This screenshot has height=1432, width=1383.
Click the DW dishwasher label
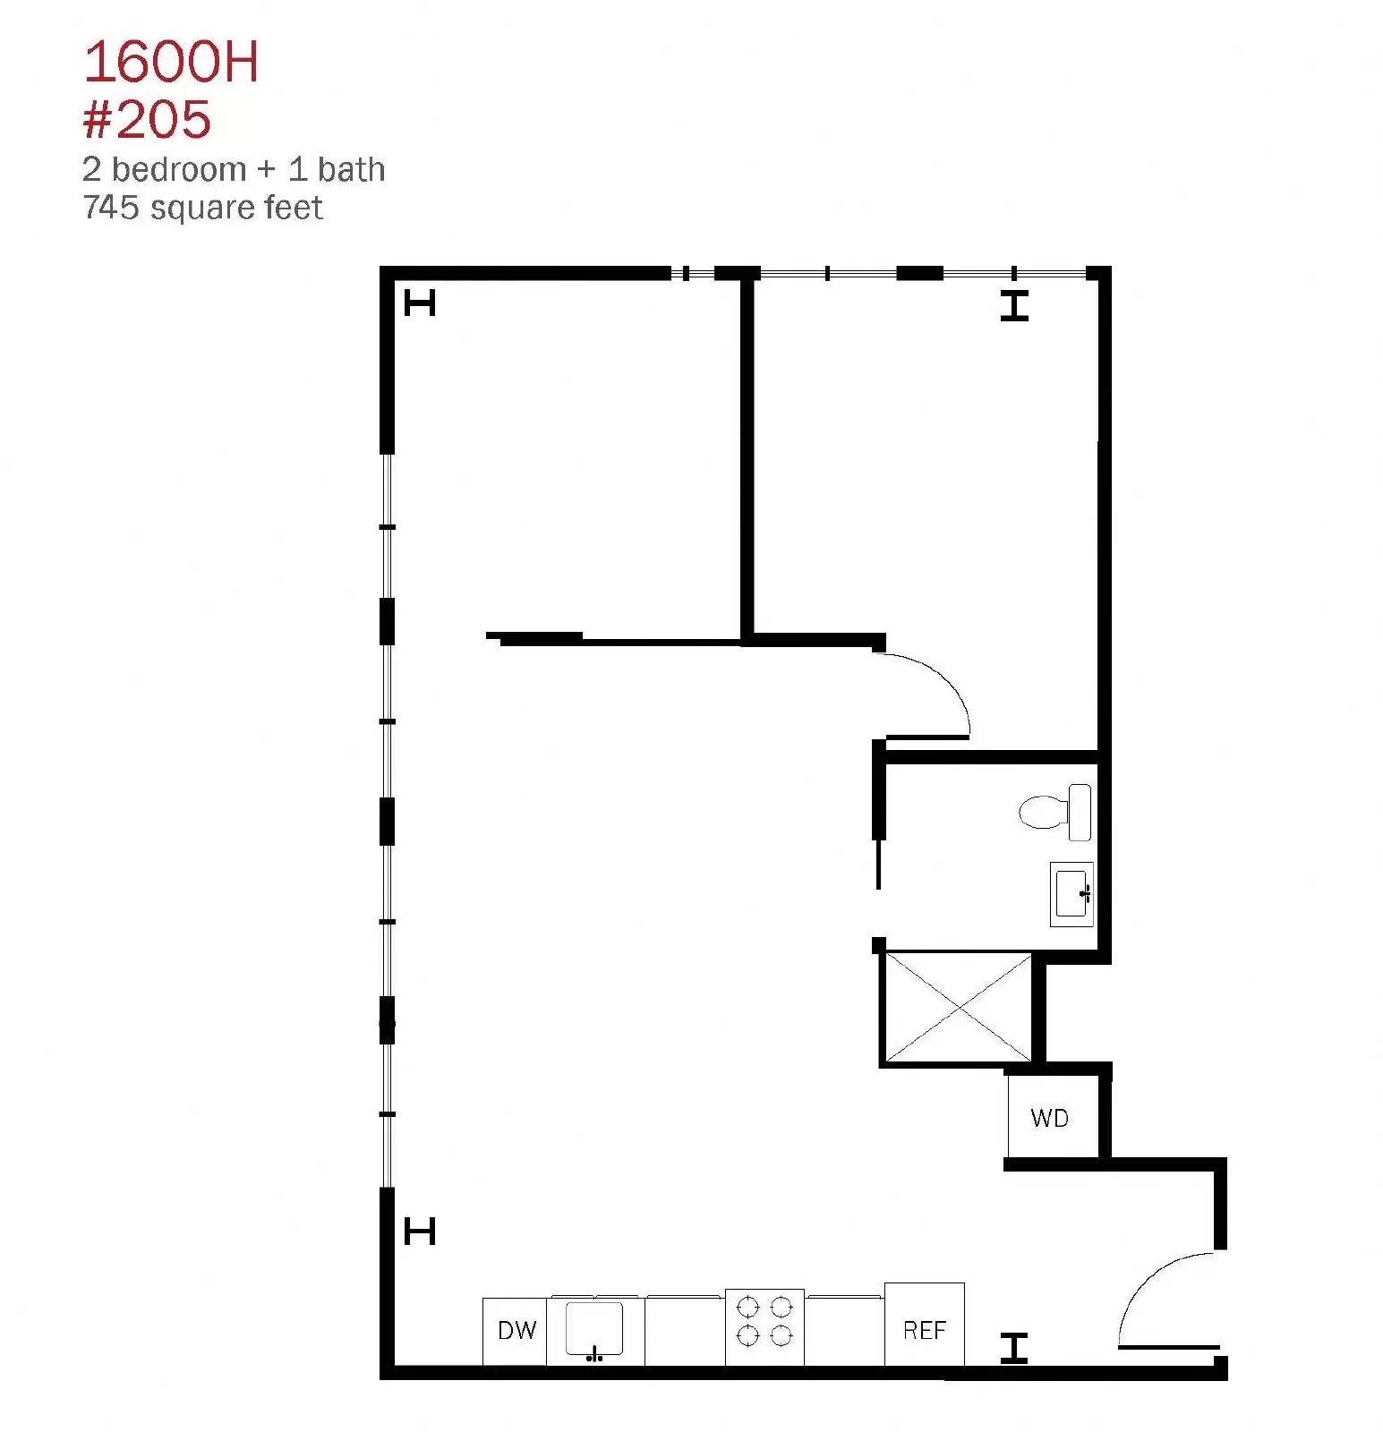pyautogui.click(x=516, y=1330)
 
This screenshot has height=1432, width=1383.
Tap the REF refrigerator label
pyautogui.click(x=924, y=1330)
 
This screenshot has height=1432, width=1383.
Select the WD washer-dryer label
pyautogui.click(x=1049, y=1118)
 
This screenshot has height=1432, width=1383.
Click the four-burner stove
pyautogui.click(x=764, y=1326)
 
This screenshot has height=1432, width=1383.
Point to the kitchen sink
pyautogui.click(x=594, y=1328)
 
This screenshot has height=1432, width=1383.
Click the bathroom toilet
pyautogui.click(x=1056, y=812)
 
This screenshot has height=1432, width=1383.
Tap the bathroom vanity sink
pyautogui.click(x=1071, y=893)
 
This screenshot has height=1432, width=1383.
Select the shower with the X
pyautogui.click(x=958, y=1008)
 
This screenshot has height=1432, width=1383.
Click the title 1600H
pyautogui.click(x=171, y=63)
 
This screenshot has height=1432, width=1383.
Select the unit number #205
pyautogui.click(x=147, y=119)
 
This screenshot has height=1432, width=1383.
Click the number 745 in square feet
pyautogui.click(x=112, y=208)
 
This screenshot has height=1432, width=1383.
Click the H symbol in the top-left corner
pyautogui.click(x=420, y=303)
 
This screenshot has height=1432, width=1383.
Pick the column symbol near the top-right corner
pyautogui.click(x=1014, y=306)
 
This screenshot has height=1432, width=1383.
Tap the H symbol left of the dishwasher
pyautogui.click(x=420, y=1232)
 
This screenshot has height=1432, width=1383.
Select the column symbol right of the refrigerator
pyautogui.click(x=1014, y=1348)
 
